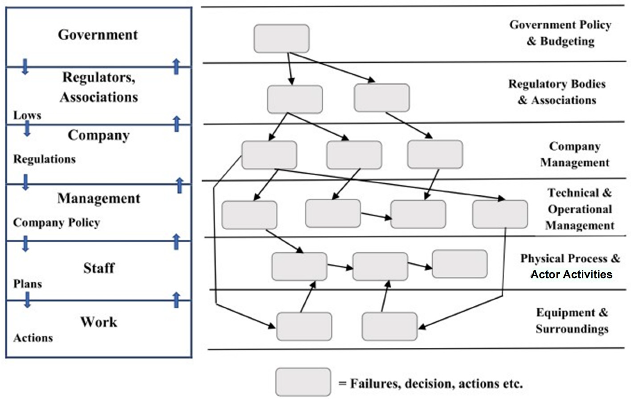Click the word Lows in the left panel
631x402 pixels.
pos(27,115)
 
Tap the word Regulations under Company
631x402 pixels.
pos(44,159)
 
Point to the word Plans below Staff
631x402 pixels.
pos(27,284)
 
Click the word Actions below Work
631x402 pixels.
pos(33,338)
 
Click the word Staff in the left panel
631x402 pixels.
pos(99,268)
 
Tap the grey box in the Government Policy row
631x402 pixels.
pos(281,38)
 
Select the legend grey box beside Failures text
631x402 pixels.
pos(303,382)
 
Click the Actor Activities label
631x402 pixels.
pos(571,274)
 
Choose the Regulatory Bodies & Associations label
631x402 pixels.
pos(557,92)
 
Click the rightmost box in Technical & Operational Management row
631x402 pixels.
pos(500,214)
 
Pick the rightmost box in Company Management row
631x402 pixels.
pos(435,154)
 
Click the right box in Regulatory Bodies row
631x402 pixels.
pos(382,98)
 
